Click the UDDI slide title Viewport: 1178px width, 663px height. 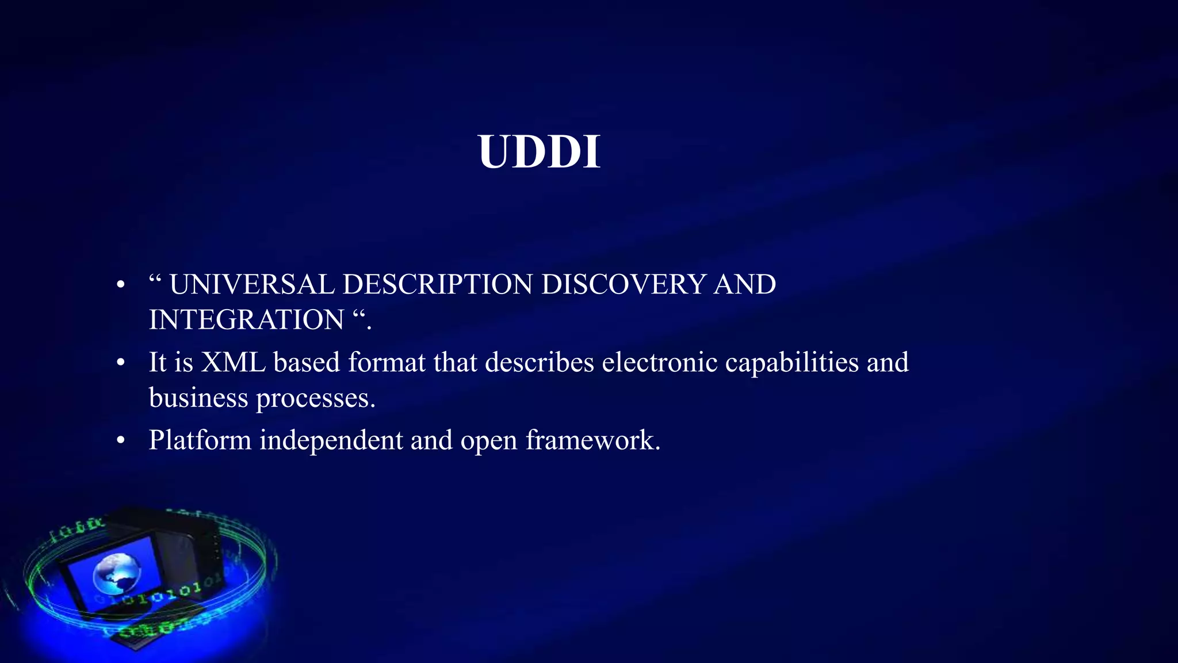(x=539, y=152)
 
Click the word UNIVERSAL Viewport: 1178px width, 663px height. (x=251, y=284)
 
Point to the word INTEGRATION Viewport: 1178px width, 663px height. (x=246, y=320)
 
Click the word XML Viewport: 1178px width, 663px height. (x=233, y=363)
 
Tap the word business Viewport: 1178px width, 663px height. (x=198, y=398)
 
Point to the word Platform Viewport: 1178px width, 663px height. (x=200, y=441)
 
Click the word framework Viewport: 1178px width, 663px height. (x=592, y=441)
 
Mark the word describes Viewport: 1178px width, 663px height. (x=539, y=363)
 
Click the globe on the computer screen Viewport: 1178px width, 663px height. (x=117, y=573)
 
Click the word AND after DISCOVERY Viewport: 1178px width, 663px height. (x=744, y=284)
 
